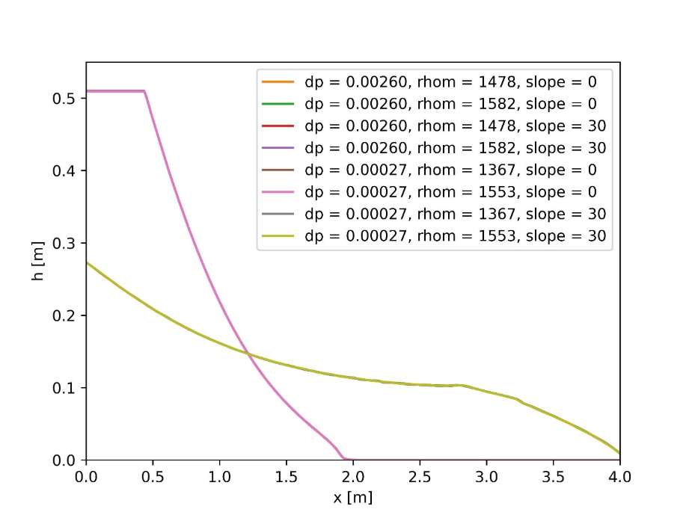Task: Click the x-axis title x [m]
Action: pos(352,497)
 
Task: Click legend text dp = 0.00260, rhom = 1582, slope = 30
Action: pos(455,148)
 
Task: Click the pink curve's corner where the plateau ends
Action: pos(144,91)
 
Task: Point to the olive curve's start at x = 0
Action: pos(87,262)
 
